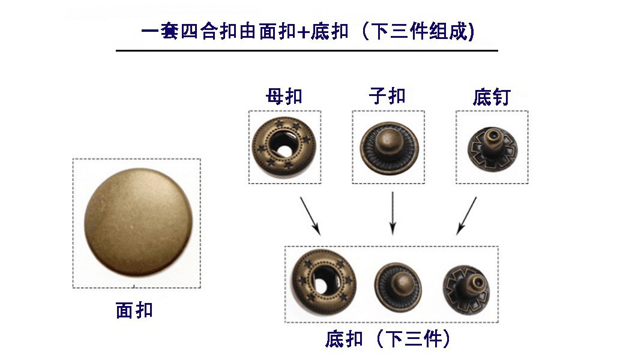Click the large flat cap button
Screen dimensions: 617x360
click(139, 222)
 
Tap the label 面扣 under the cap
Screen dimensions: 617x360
click(134, 310)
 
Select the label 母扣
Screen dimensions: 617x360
click(284, 96)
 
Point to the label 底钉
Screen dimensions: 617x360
click(491, 97)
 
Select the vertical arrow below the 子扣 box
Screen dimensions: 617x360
click(392, 213)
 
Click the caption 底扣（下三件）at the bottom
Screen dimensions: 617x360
click(387, 339)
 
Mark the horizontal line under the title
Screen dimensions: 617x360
click(307, 50)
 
